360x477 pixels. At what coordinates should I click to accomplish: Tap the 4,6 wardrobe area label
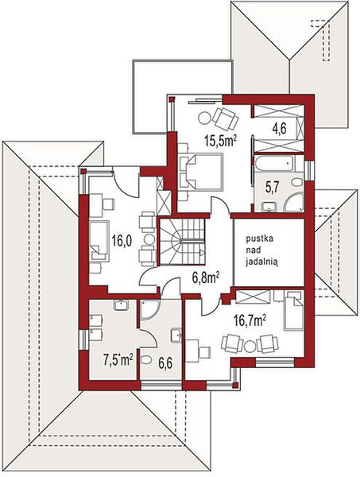click(279, 129)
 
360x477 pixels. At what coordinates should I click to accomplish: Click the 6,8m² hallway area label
click(206, 277)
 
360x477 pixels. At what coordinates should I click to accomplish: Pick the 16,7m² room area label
click(250, 320)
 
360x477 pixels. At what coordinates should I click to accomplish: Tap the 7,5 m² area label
click(118, 361)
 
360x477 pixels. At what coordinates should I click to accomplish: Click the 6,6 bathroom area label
click(165, 363)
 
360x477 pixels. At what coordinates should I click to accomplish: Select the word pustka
click(259, 238)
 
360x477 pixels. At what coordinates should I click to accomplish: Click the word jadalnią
click(262, 262)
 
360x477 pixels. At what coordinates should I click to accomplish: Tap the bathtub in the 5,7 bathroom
click(274, 163)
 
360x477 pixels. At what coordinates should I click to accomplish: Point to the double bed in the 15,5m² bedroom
click(201, 172)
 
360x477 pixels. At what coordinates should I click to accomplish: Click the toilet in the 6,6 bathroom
click(146, 360)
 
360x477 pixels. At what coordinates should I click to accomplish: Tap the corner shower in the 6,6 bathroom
click(149, 310)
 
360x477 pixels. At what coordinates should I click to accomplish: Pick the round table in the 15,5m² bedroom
click(204, 118)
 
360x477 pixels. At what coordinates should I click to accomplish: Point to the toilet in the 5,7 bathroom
click(296, 183)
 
